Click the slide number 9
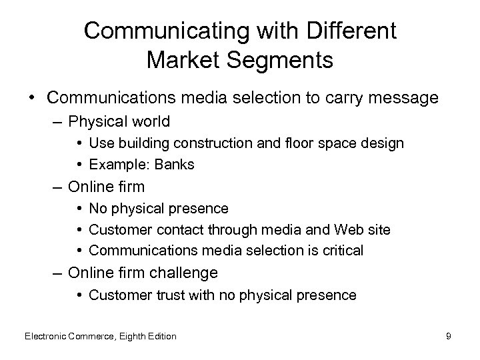click(449, 336)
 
